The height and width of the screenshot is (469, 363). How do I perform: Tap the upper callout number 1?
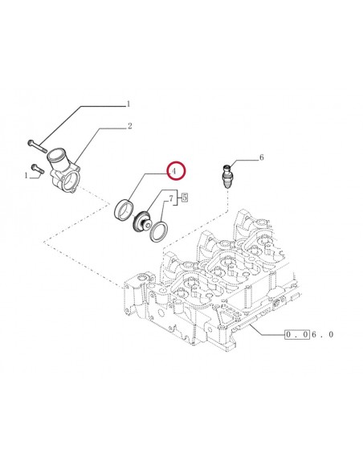pos(126,104)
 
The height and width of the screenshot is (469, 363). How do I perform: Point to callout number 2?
pos(129,126)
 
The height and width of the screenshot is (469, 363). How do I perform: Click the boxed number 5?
pos(184,197)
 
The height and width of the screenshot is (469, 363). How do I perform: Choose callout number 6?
pos(261,158)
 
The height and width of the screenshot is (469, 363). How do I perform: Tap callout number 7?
pos(169,197)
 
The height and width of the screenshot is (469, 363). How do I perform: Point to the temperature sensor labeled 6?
pos(226,174)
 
